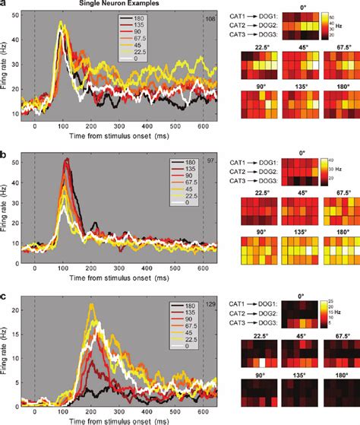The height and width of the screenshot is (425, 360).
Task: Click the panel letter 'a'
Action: (x=3, y=5)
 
